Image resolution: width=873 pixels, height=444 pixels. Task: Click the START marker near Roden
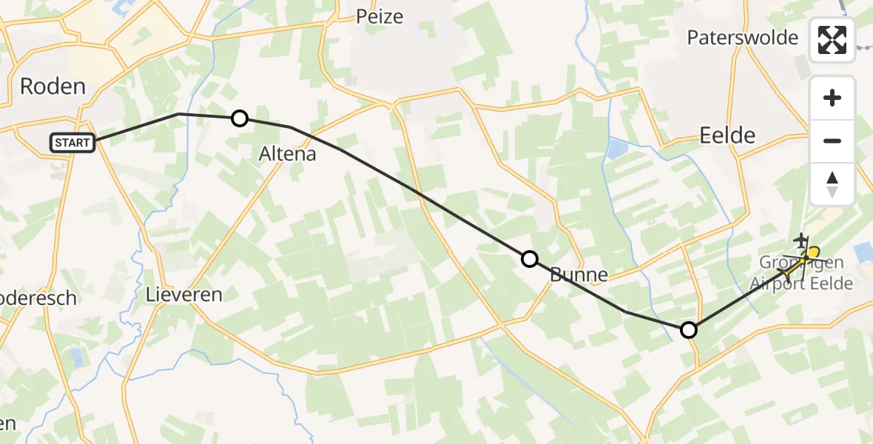[73, 143]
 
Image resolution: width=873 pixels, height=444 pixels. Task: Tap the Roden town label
[53, 87]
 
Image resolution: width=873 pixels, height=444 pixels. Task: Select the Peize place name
[380, 16]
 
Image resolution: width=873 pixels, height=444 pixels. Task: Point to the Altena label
[287, 154]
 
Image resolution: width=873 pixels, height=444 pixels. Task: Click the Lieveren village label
[184, 295]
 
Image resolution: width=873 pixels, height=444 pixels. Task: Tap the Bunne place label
[579, 275]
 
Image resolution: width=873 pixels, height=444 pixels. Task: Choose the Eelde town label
[727, 135]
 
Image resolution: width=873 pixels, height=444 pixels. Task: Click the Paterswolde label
[742, 38]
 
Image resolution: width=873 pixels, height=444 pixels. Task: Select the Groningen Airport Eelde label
[802, 273]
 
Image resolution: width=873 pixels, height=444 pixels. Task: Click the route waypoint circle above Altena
[240, 118]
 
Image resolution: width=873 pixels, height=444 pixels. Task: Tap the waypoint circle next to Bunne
[530, 259]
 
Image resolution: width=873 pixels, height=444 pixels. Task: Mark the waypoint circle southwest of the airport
[689, 330]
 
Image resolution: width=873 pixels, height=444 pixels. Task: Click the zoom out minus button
[832, 141]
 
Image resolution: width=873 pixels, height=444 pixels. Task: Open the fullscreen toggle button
[832, 39]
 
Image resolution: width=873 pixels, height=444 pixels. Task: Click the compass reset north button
[832, 184]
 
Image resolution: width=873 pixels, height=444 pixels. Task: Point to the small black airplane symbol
[801, 240]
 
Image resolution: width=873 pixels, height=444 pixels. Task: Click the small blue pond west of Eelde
[615, 150]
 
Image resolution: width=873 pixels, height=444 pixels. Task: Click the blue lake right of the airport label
[863, 252]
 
